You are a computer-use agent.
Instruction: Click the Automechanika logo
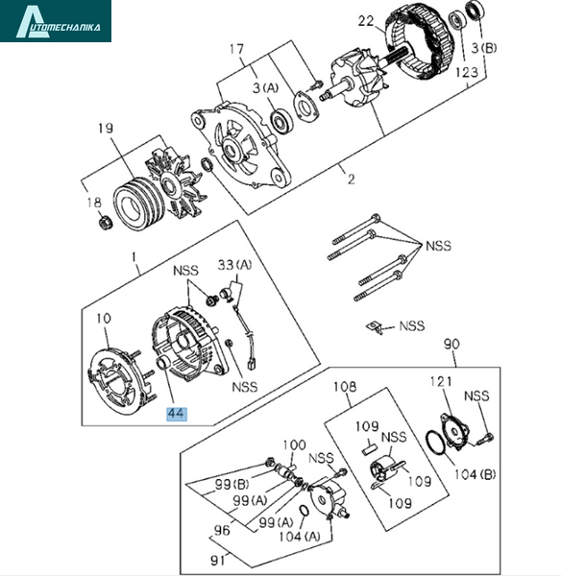click(x=56, y=21)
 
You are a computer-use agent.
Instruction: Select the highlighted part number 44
click(x=177, y=414)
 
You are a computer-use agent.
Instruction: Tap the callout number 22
click(x=367, y=21)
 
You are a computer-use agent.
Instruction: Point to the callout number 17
click(x=237, y=49)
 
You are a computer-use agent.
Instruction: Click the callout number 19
click(x=106, y=129)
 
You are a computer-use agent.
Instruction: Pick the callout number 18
click(x=94, y=203)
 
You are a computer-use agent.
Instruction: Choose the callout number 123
click(x=467, y=72)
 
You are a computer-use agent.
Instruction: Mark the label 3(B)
click(x=484, y=48)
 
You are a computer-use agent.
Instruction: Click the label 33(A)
click(x=235, y=265)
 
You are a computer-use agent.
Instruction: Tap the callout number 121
click(x=441, y=382)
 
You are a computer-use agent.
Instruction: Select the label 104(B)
click(x=476, y=474)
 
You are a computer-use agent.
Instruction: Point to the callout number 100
click(x=295, y=445)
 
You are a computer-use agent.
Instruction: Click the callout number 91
click(x=218, y=561)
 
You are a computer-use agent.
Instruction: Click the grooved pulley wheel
click(x=136, y=204)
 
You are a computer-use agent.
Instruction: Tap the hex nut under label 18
click(x=106, y=223)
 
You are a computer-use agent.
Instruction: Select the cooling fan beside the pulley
click(x=179, y=183)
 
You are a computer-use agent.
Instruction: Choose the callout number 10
click(x=104, y=318)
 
